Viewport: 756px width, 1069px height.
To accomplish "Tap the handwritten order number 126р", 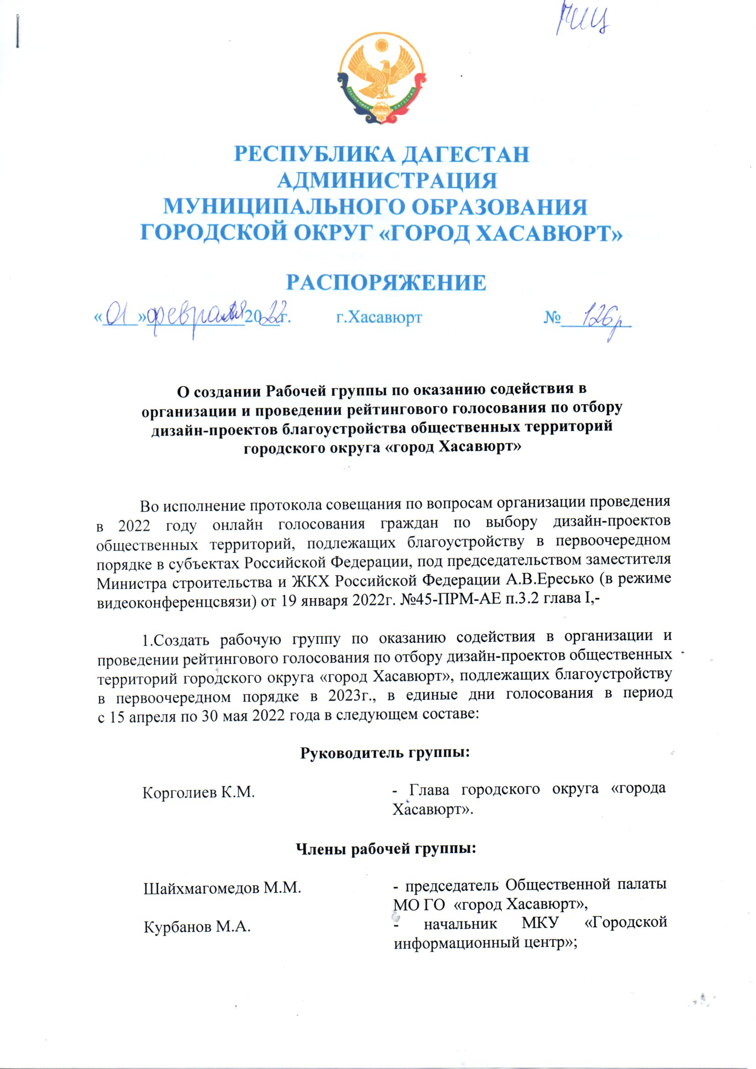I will coord(601,321).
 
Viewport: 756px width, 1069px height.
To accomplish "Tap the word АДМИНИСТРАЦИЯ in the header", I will coord(387,181).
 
